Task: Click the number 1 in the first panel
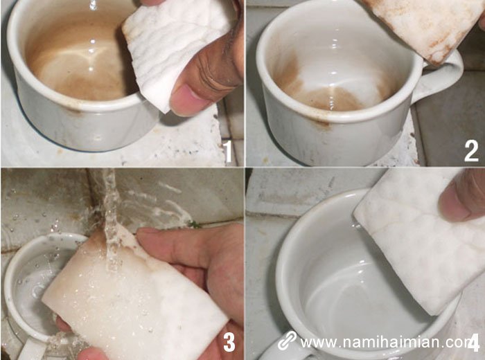227,150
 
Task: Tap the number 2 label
470,150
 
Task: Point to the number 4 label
474,342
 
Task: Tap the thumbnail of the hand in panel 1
188,100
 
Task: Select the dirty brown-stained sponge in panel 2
423,24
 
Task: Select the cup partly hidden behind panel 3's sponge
28,277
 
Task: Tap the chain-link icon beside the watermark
287,341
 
